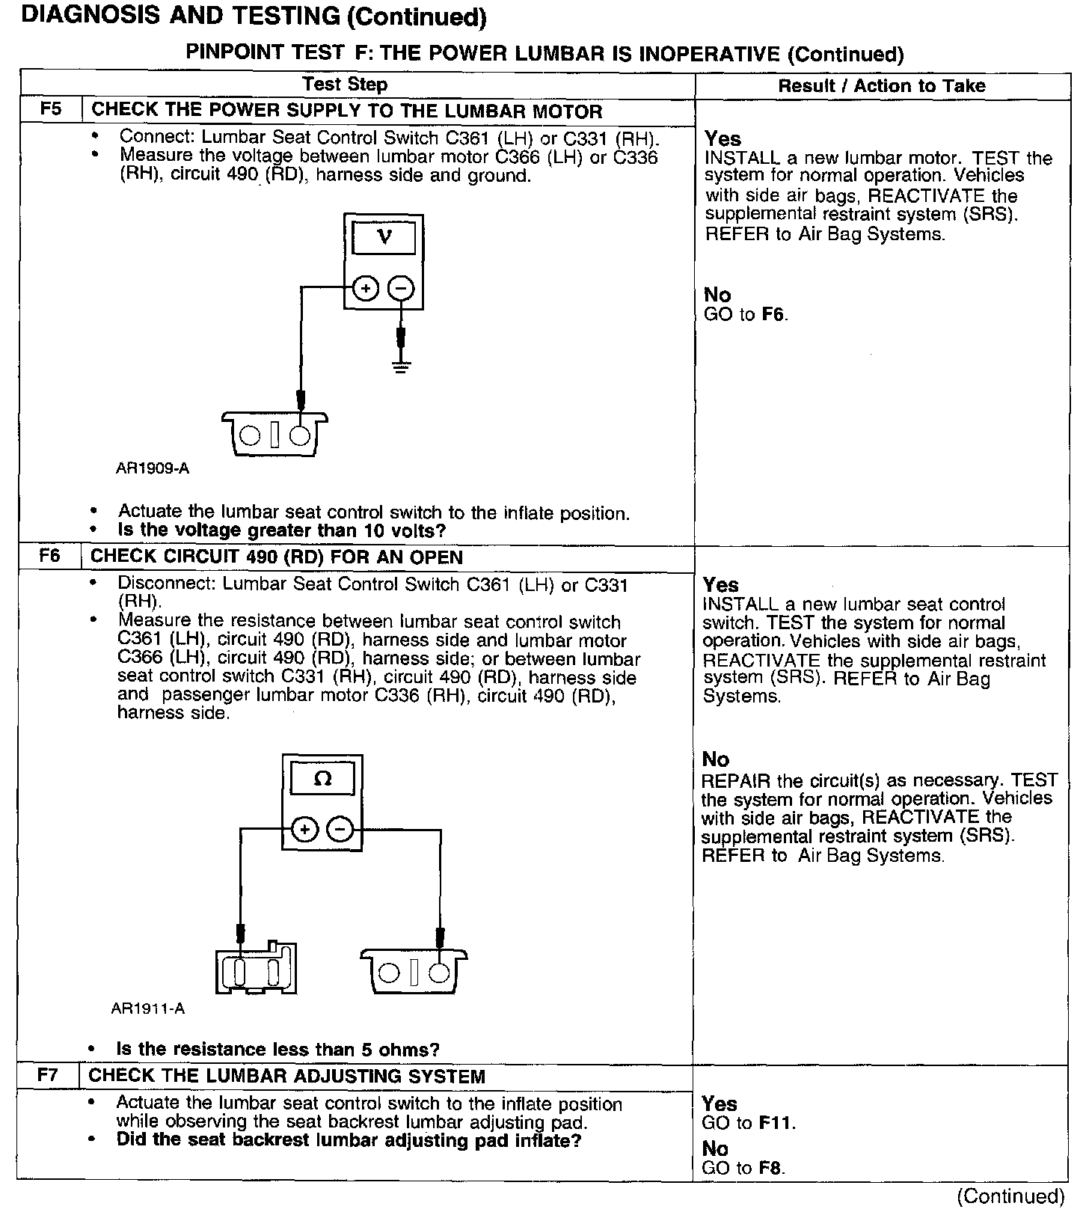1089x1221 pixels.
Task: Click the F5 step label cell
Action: coord(50,110)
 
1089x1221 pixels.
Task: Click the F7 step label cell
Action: coord(48,1076)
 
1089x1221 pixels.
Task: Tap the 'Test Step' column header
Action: coord(345,85)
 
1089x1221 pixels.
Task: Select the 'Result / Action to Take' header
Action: coord(882,85)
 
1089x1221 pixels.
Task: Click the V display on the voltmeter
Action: coord(384,238)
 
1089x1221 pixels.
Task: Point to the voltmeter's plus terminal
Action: coord(365,289)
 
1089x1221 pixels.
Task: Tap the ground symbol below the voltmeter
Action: coord(402,367)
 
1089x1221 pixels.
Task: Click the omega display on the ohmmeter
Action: coord(322,780)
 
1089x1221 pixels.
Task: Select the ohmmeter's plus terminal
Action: coord(304,829)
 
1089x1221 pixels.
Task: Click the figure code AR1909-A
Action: coord(153,468)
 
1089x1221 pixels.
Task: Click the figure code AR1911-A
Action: coord(148,1008)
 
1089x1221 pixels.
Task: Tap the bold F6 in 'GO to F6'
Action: coord(773,315)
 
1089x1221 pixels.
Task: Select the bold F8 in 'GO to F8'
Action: coord(771,1168)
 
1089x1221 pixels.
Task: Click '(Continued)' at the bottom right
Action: coord(1010,1196)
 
